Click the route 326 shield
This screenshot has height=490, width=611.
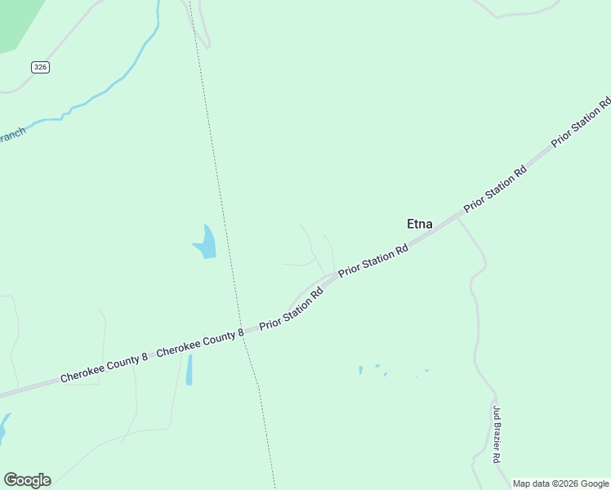[41, 67]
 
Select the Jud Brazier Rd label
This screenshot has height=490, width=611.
[495, 434]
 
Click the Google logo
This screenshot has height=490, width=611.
[27, 480]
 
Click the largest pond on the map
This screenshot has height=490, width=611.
[206, 243]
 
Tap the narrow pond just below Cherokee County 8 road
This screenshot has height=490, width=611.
[190, 370]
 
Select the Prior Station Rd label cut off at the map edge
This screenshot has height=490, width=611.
[582, 122]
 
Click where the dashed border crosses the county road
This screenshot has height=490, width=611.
[242, 334]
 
